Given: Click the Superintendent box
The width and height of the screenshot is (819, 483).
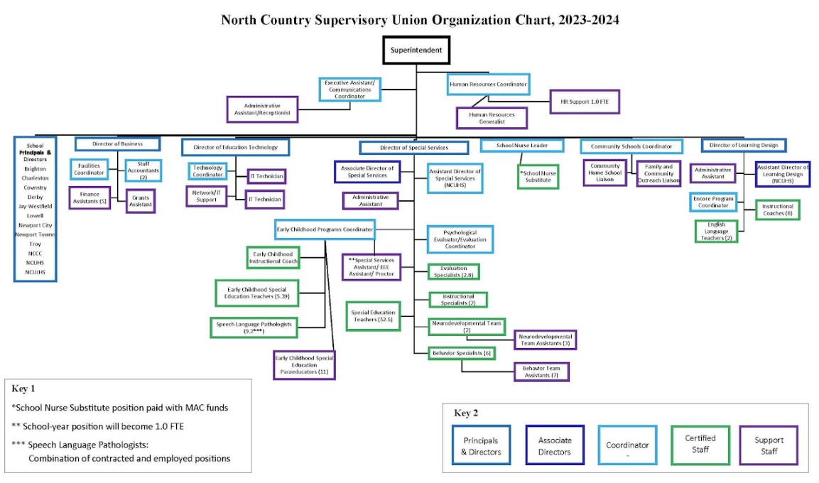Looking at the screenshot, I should pyautogui.click(x=416, y=51).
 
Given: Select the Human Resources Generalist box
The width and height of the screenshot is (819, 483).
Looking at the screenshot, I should pyautogui.click(x=492, y=118).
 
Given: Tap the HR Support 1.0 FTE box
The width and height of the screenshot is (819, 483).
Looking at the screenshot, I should pyautogui.click(x=584, y=102).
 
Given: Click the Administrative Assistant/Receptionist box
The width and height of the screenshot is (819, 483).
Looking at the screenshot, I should pyautogui.click(x=261, y=110).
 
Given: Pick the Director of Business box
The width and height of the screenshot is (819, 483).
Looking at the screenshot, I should pyautogui.click(x=117, y=144).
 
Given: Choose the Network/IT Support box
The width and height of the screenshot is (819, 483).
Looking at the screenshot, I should pyautogui.click(x=207, y=195).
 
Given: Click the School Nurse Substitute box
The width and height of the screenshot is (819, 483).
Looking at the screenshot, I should pyautogui.click(x=538, y=177).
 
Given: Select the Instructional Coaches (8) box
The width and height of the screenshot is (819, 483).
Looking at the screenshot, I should pyautogui.click(x=777, y=210).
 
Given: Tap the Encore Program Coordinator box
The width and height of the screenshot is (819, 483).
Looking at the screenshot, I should pyautogui.click(x=712, y=202).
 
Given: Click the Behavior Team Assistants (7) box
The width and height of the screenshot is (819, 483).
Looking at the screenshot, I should pyautogui.click(x=541, y=371).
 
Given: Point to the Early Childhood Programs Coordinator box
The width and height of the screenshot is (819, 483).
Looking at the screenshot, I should pyautogui.click(x=325, y=229).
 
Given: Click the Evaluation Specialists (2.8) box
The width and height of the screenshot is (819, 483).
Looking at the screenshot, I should pyautogui.click(x=453, y=271).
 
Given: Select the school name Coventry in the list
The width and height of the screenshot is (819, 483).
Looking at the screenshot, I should pyautogui.click(x=35, y=188).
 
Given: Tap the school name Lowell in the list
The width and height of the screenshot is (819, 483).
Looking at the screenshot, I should pyautogui.click(x=35, y=215).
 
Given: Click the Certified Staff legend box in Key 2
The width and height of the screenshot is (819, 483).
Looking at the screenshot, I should pyautogui.click(x=700, y=445).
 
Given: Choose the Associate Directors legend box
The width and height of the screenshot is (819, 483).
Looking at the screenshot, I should pyautogui.click(x=554, y=446).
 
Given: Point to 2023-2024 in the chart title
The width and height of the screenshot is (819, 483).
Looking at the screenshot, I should pyautogui.click(x=582, y=20).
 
